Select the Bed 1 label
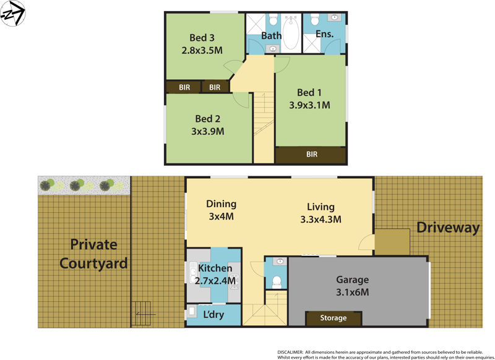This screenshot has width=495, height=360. click(309, 93)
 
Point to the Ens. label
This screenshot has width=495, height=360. click(324, 35)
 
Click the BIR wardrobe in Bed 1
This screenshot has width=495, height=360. click(311, 155)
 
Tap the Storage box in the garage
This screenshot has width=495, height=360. click(333, 318)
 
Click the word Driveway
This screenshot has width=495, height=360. click(448, 228)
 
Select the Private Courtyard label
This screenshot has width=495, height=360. click(93, 254)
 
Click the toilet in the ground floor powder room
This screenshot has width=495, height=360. click(277, 283)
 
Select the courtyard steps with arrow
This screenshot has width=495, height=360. click(144, 312)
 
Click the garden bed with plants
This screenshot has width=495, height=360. click(84, 184)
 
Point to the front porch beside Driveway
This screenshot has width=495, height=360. click(392, 241)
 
